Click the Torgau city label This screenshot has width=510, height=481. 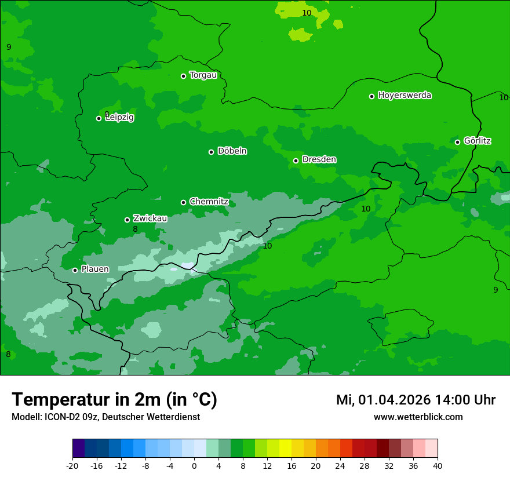click(203, 75)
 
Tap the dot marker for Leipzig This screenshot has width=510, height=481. click(99, 118)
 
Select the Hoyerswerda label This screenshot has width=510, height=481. click(405, 96)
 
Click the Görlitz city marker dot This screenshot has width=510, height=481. click(457, 142)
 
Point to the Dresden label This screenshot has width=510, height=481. click(319, 159)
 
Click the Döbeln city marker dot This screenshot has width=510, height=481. click(211, 152)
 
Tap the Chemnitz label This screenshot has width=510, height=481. click(209, 202)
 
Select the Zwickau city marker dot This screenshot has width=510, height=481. click(127, 220)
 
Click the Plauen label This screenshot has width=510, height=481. click(94, 269)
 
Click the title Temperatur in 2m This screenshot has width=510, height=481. click(114, 399)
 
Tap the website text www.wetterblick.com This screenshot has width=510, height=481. click(418, 417)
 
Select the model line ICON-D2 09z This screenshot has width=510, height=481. click(105, 417)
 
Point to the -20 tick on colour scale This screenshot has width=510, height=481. click(72, 465)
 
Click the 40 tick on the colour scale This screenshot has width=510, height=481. click(438, 465)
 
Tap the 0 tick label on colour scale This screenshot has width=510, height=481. click(194, 465)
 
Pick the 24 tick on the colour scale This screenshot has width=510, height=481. click(340, 465)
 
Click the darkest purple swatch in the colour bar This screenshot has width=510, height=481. click(78, 449)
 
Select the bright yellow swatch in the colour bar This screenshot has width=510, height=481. click(285, 449)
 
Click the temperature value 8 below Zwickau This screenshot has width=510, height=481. click(135, 229)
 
